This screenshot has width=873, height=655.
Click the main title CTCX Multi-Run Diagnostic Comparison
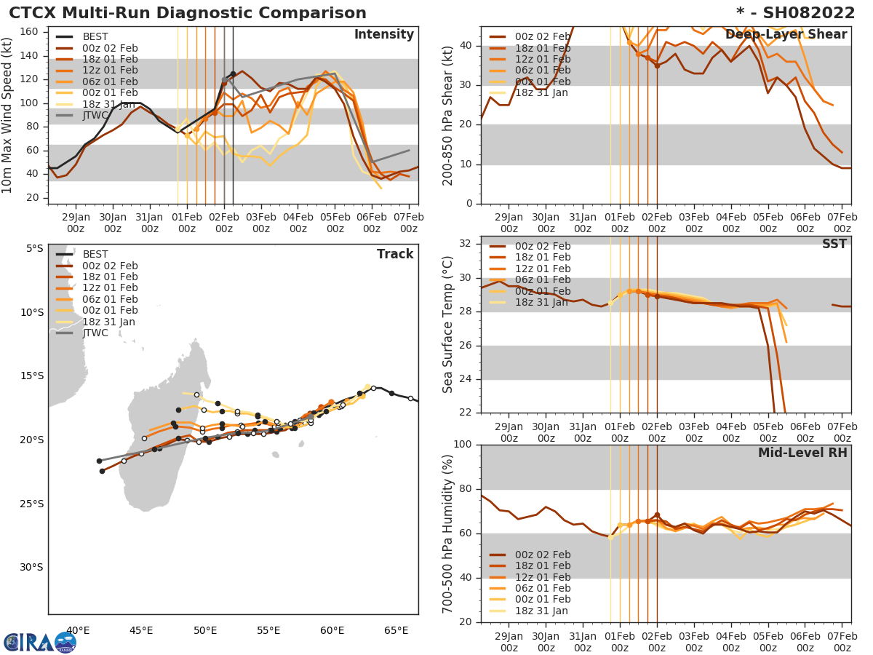click(188, 13)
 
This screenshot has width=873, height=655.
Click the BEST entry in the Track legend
click(95, 254)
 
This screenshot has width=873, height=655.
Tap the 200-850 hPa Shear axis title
click(448, 115)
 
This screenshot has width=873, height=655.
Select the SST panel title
click(834, 245)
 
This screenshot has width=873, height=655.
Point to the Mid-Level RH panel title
click(802, 453)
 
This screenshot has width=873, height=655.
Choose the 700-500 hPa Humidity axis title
click(448, 533)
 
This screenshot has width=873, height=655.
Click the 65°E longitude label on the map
click(396, 630)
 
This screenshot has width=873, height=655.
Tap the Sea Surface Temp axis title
click(448, 324)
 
